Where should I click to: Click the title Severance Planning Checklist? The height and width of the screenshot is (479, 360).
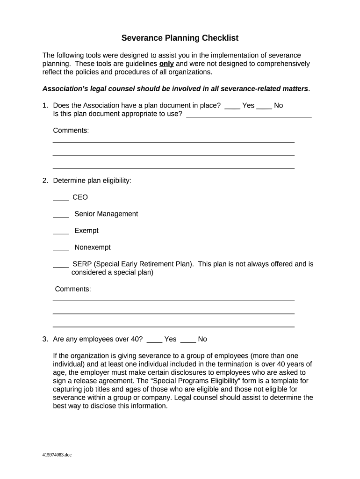180,38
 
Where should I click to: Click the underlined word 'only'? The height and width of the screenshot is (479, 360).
166,64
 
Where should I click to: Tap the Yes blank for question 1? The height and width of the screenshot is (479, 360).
232,107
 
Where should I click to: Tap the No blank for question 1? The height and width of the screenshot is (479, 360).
265,107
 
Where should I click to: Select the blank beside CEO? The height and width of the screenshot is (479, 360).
61,199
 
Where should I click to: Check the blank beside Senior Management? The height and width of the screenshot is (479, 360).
61,216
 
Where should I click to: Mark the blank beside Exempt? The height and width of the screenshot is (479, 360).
61,232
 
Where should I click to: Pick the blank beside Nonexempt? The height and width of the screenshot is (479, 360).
61,249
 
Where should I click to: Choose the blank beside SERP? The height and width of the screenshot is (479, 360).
61,266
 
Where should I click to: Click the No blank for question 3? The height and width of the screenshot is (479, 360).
188,341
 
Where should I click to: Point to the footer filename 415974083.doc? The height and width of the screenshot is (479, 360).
58,455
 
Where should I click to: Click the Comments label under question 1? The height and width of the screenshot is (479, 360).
71,131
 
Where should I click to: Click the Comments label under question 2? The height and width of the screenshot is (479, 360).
73,289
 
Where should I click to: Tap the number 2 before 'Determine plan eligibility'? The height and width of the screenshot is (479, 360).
44,181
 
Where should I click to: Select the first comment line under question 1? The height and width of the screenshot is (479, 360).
173,141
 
